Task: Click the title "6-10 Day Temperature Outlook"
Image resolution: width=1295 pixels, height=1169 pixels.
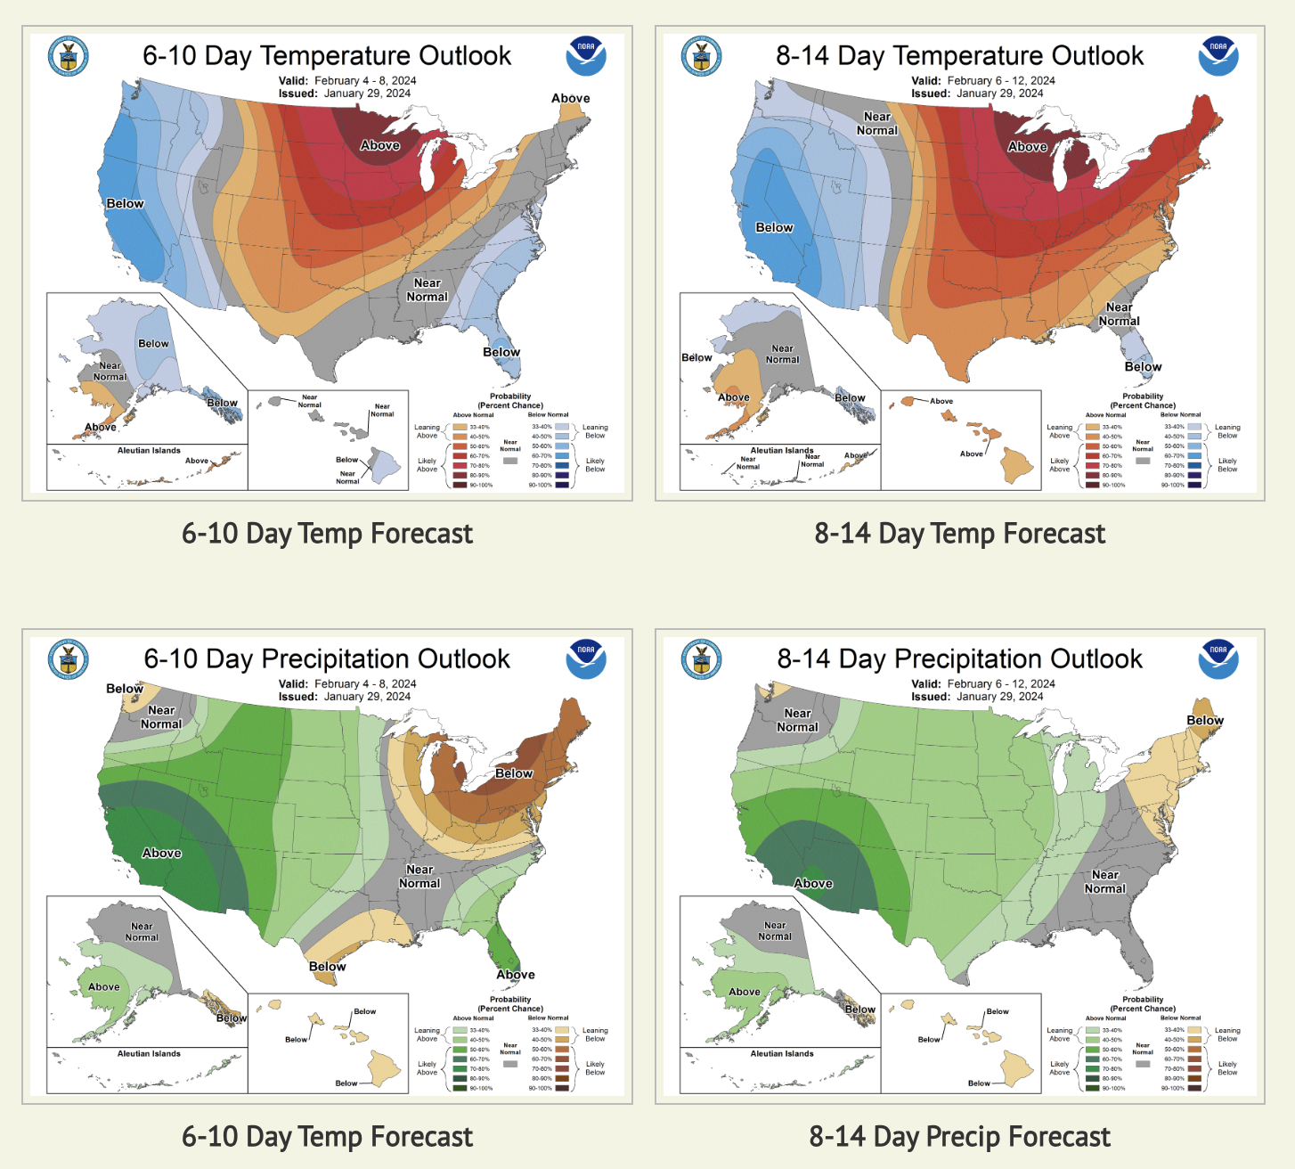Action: (327, 56)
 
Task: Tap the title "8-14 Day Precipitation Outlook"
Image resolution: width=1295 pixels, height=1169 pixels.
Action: (959, 659)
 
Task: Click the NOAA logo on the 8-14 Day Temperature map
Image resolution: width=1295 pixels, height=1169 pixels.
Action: (1218, 56)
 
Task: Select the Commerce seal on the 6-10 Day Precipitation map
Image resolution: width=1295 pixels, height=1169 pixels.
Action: (68, 660)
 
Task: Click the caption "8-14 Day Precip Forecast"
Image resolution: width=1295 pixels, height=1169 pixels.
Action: (959, 1137)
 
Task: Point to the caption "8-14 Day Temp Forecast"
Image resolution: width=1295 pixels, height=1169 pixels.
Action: (959, 534)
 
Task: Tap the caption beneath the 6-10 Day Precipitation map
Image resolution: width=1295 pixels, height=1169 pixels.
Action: (327, 1137)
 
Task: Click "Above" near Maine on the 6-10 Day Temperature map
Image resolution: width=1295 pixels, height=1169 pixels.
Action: (570, 99)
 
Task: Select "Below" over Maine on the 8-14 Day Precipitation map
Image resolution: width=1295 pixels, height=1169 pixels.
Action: (1204, 720)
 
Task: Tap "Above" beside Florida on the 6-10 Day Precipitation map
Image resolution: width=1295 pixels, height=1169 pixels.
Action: (515, 975)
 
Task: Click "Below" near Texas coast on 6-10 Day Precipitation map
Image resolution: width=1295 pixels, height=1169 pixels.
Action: (327, 967)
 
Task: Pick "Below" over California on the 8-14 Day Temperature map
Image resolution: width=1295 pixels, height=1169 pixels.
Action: (774, 228)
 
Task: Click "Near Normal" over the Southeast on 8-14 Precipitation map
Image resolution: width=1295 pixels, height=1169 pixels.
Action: (1104, 882)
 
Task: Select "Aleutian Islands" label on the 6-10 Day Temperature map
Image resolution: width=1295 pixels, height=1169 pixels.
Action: (149, 451)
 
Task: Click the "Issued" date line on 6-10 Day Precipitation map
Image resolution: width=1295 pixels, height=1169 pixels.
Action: (344, 697)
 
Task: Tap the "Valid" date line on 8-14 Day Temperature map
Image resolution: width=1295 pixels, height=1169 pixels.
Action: (982, 81)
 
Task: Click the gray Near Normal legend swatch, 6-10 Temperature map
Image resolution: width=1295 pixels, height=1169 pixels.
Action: (510, 461)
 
